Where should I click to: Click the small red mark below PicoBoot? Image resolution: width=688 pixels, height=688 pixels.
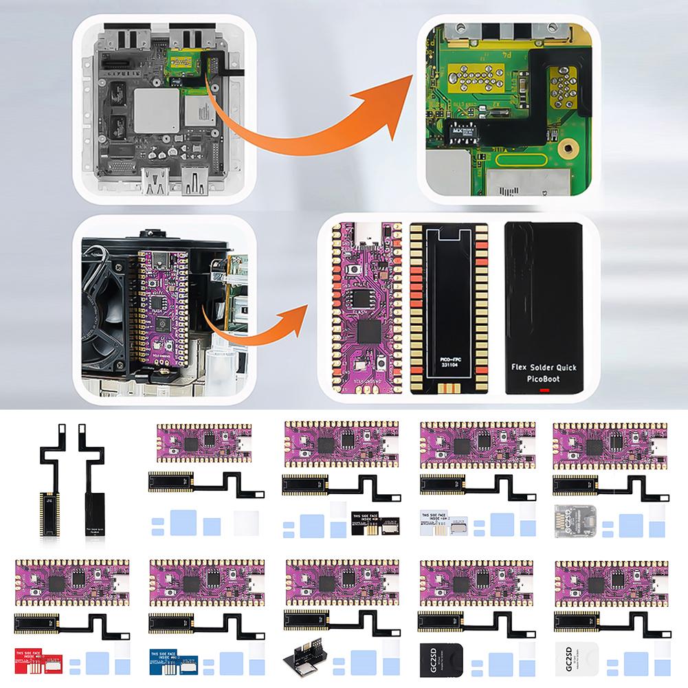544,391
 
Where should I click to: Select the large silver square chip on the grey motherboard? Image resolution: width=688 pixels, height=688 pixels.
154,110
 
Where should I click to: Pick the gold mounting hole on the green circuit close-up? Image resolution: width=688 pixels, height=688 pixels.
567,147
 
